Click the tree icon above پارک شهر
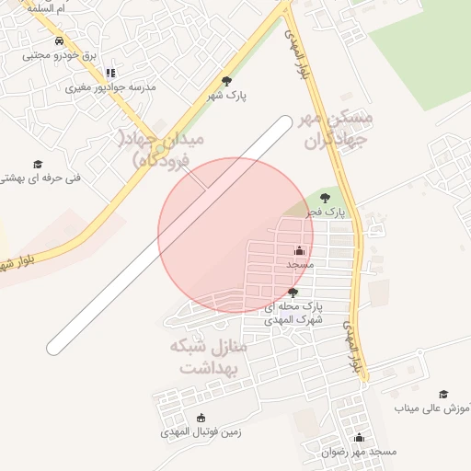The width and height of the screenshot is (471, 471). [x=226, y=81]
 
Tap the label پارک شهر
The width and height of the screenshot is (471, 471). [x=227, y=94]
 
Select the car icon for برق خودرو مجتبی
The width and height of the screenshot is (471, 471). [x=59, y=41]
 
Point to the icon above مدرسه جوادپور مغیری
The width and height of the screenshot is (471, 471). [x=111, y=73]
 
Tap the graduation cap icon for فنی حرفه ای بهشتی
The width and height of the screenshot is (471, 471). [x=38, y=164]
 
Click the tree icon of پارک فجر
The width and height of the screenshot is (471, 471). [x=325, y=197]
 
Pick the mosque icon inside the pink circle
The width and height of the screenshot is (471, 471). [x=299, y=250]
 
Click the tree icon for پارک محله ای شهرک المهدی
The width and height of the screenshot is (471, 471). [x=293, y=292]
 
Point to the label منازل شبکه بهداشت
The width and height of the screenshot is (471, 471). [x=209, y=358]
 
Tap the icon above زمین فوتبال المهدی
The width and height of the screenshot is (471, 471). [x=201, y=418]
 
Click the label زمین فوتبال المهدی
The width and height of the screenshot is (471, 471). [x=201, y=431]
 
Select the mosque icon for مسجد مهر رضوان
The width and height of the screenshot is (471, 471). [x=359, y=438]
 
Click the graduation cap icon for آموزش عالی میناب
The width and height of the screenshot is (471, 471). [x=443, y=394]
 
